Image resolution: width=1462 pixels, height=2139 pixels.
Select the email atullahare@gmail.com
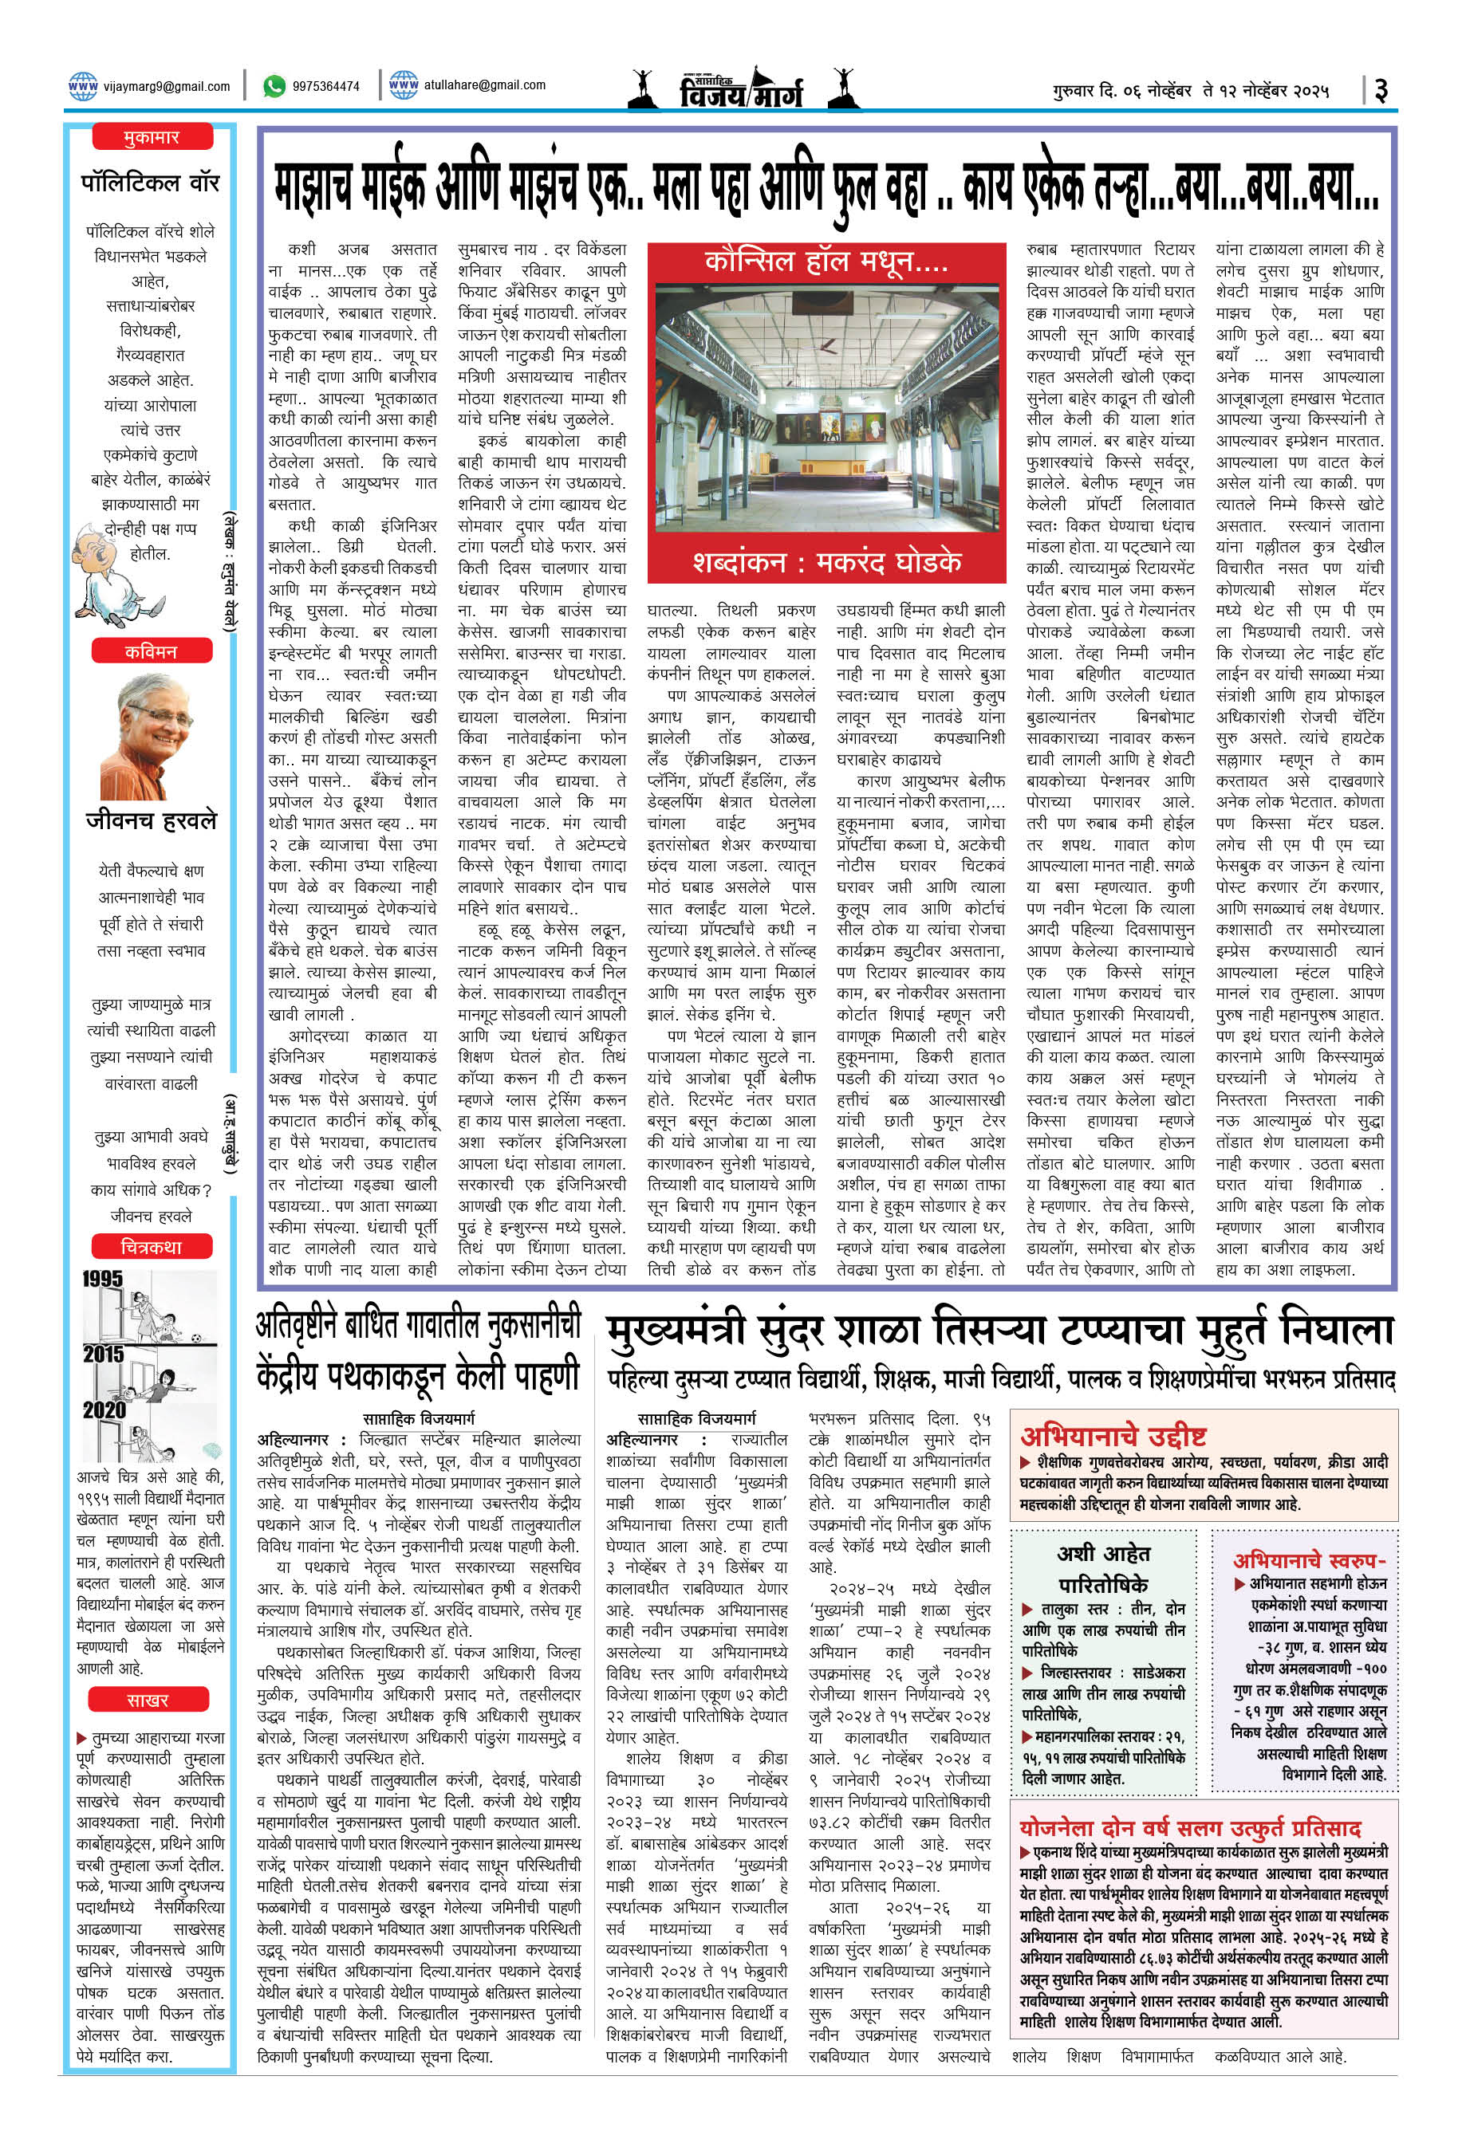[484, 85]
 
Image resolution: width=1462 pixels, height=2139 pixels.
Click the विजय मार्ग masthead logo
[741, 89]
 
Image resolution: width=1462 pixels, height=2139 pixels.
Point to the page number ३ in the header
[1380, 90]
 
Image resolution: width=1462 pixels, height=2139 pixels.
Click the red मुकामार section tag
[152, 138]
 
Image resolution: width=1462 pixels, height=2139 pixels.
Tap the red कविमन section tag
[152, 651]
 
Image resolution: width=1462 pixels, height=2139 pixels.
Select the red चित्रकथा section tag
[152, 1246]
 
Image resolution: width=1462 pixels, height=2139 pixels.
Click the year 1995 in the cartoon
[102, 1279]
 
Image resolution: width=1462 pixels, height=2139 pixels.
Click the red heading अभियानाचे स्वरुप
[1308, 1559]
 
